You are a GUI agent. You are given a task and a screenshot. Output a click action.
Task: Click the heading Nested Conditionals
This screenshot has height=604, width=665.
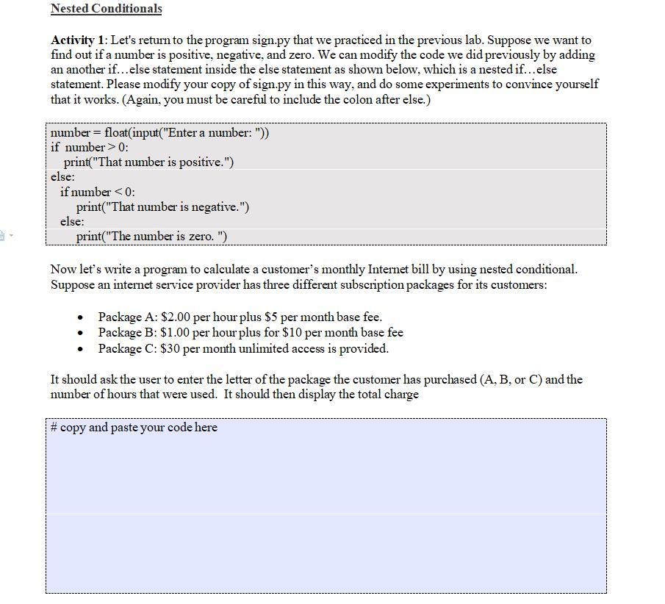pos(106,9)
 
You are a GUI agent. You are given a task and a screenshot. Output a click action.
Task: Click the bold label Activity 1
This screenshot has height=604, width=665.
pos(78,40)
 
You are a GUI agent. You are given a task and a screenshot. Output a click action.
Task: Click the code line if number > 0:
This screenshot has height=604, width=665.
pos(90,147)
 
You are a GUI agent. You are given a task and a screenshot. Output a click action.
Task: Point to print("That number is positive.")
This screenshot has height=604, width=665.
pos(148,162)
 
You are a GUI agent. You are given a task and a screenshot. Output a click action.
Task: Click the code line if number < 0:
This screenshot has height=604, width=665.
pos(98,192)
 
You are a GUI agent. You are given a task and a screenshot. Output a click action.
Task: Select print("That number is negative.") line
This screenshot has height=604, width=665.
pos(162,206)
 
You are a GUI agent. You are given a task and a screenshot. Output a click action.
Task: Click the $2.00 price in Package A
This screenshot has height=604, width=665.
pos(176,317)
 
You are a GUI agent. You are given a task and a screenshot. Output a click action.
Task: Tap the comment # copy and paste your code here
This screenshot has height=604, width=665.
pos(134,427)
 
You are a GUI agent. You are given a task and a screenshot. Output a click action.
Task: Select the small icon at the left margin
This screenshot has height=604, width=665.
pos(5,235)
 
